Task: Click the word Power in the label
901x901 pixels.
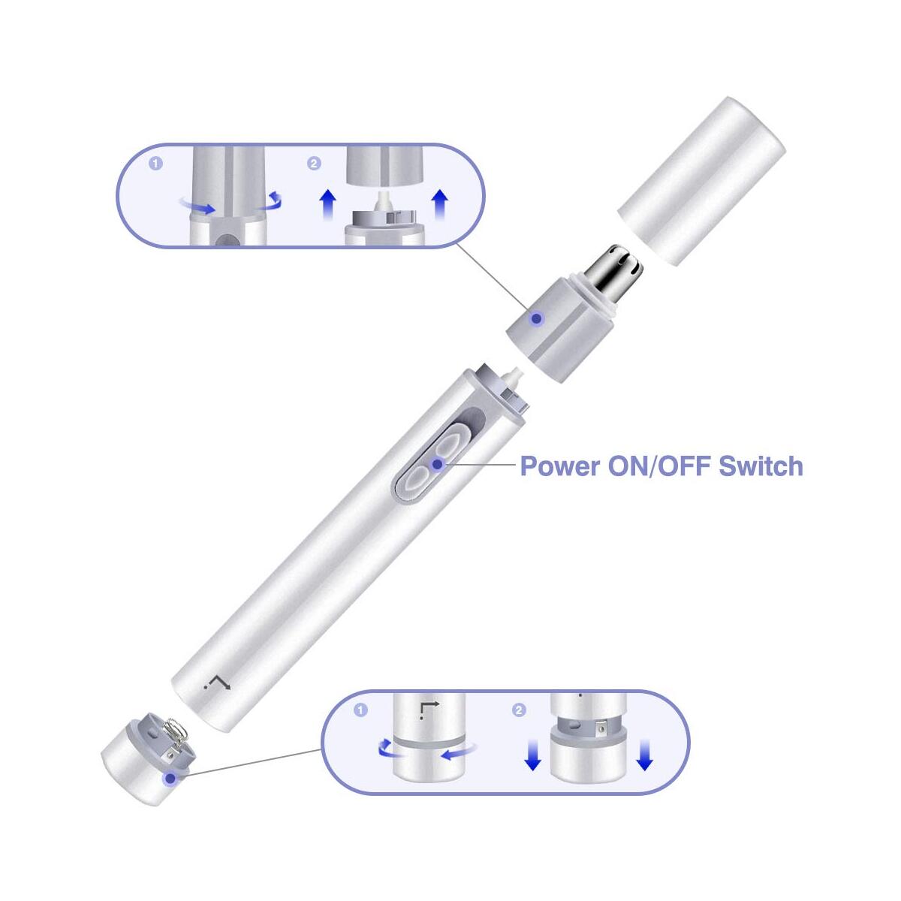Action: [560, 466]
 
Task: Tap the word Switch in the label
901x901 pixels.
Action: [761, 466]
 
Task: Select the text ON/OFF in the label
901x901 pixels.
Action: [659, 466]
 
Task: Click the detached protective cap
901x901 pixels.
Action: [701, 181]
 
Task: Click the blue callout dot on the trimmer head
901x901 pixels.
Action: [538, 319]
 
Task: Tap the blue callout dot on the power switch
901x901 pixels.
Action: [437, 464]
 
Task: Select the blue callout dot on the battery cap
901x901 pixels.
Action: [170, 779]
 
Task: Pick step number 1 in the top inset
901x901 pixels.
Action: [156, 164]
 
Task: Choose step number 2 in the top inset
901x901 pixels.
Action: [314, 164]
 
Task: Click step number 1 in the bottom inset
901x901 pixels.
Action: [360, 710]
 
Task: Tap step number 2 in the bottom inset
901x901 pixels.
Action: [519, 710]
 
